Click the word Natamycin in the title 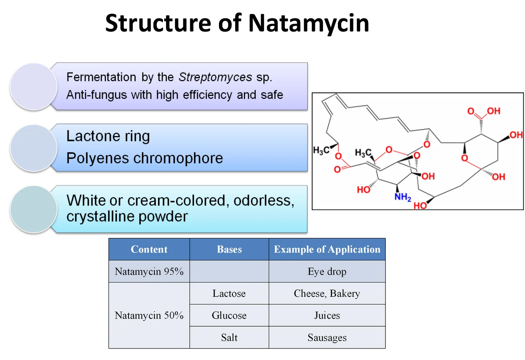308,23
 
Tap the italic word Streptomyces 215,77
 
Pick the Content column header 149,250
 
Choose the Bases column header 229,250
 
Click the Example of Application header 327,250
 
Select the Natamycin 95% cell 149,271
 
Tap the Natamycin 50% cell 149,316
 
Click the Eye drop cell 327,271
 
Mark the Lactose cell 229,294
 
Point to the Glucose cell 229,316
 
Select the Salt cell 229,338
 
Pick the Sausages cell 327,338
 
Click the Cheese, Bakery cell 327,294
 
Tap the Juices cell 327,316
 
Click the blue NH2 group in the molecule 402,197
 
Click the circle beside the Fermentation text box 34,87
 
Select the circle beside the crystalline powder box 34,209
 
